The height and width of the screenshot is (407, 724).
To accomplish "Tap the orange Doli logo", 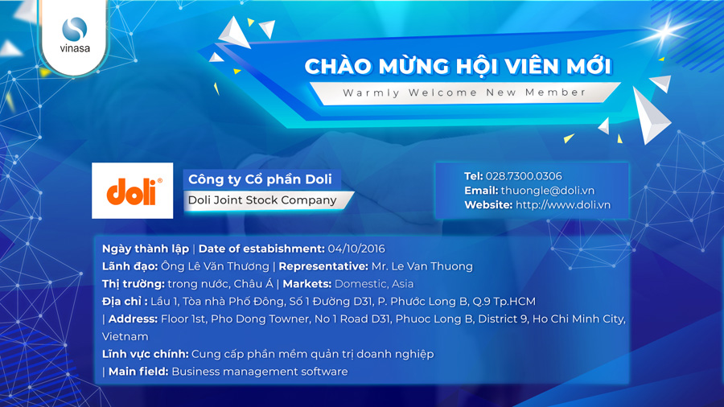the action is pyautogui.click(x=133, y=191).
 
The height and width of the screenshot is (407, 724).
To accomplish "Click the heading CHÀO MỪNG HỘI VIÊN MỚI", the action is pyautogui.click(x=458, y=65).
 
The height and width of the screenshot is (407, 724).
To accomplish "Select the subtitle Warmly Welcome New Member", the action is pyautogui.click(x=464, y=92).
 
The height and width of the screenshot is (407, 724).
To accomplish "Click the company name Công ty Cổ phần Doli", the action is pyautogui.click(x=260, y=179).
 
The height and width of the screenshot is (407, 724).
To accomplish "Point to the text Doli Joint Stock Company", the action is pyautogui.click(x=262, y=199).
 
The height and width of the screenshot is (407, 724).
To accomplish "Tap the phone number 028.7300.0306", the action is pyautogui.click(x=524, y=176).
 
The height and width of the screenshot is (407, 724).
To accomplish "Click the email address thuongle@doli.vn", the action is pyautogui.click(x=548, y=191).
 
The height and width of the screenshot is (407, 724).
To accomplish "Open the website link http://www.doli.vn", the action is pyautogui.click(x=563, y=205).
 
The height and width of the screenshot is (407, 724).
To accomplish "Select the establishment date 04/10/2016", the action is pyautogui.click(x=356, y=249).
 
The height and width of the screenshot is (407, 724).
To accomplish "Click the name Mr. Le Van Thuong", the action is pyautogui.click(x=422, y=266).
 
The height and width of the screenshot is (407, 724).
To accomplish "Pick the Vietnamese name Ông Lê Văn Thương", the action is pyautogui.click(x=215, y=266).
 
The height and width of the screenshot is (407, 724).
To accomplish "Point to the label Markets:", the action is pyautogui.click(x=307, y=284).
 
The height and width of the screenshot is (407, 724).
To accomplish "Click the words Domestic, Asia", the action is pyautogui.click(x=374, y=284).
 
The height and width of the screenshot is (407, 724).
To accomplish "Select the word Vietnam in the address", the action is pyautogui.click(x=125, y=336).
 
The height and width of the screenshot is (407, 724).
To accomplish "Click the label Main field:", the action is pyautogui.click(x=138, y=372).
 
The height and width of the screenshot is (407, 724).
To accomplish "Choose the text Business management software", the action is pyautogui.click(x=260, y=372).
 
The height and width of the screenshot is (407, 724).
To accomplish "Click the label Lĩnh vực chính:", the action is pyautogui.click(x=145, y=354).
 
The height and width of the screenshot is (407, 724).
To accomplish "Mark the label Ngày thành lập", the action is pyautogui.click(x=146, y=249).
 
